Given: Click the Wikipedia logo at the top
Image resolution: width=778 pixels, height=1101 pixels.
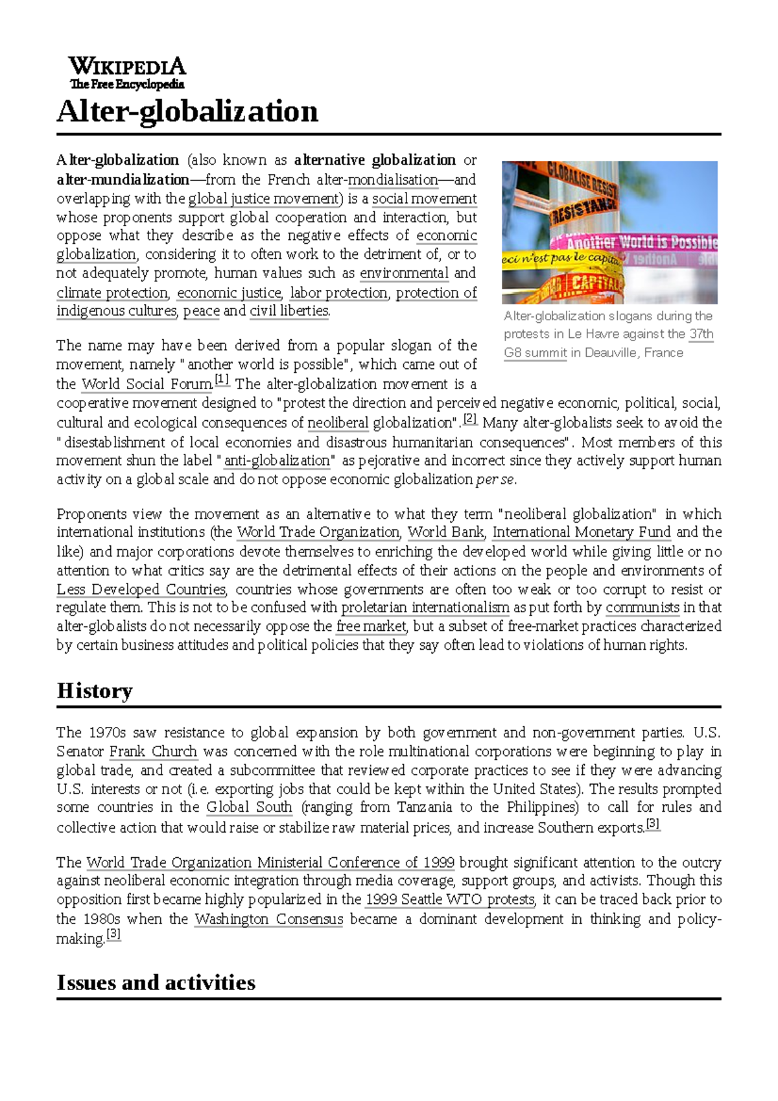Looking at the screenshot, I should tap(127, 73).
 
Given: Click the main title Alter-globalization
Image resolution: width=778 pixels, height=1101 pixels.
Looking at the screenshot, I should tap(187, 112).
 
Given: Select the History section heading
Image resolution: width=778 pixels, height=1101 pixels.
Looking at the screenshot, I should tap(95, 691).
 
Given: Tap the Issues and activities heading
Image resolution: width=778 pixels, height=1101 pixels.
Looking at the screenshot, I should tap(156, 982).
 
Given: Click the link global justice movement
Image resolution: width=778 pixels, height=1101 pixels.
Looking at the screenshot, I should tap(263, 198).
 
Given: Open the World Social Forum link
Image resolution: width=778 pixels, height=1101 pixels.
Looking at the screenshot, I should tap(147, 384).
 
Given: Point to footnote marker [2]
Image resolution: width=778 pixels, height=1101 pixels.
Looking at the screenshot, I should tap(470, 419).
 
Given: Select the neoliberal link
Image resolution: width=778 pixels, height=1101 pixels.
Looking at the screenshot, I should tap(338, 423).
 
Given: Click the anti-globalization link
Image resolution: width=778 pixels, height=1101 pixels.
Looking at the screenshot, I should tap(277, 461).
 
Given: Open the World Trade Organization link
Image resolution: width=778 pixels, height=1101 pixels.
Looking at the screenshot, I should tap(318, 532).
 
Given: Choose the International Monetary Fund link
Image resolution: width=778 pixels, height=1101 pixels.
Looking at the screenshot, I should tap(582, 532).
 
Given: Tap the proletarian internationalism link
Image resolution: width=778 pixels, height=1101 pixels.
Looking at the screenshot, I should tap(425, 608).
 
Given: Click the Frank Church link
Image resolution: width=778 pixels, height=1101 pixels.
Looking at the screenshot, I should tap(153, 752).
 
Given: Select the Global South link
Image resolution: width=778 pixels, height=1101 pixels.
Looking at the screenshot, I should tap(249, 807).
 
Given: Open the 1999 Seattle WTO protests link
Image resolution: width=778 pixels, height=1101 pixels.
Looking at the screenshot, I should tap(450, 899).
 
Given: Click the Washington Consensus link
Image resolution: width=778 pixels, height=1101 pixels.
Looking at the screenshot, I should tap(268, 919).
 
